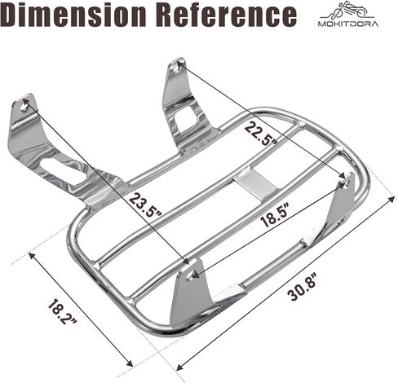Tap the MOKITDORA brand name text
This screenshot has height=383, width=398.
point(348,24)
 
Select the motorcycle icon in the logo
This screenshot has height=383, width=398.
point(348,11)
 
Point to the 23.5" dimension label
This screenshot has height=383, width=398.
point(145,205)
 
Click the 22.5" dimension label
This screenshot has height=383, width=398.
point(261,134)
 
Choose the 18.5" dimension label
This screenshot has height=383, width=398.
point(274,214)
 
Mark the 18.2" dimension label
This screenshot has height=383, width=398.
point(63,311)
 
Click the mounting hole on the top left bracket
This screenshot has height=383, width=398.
point(25,107)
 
